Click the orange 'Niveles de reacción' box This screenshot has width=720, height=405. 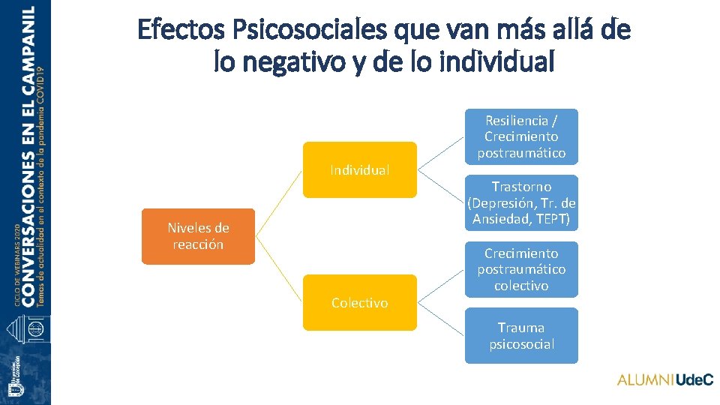[x=198, y=236]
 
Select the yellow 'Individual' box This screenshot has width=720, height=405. [x=359, y=170]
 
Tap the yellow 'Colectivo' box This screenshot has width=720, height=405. [x=359, y=302]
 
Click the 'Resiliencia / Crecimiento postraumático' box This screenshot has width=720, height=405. [x=521, y=136]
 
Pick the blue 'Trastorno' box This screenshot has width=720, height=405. [x=521, y=202]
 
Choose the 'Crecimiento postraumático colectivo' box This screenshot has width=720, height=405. [x=521, y=269]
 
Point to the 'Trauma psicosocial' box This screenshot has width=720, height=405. [x=521, y=335]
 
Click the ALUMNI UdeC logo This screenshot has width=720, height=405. [x=664, y=380]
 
